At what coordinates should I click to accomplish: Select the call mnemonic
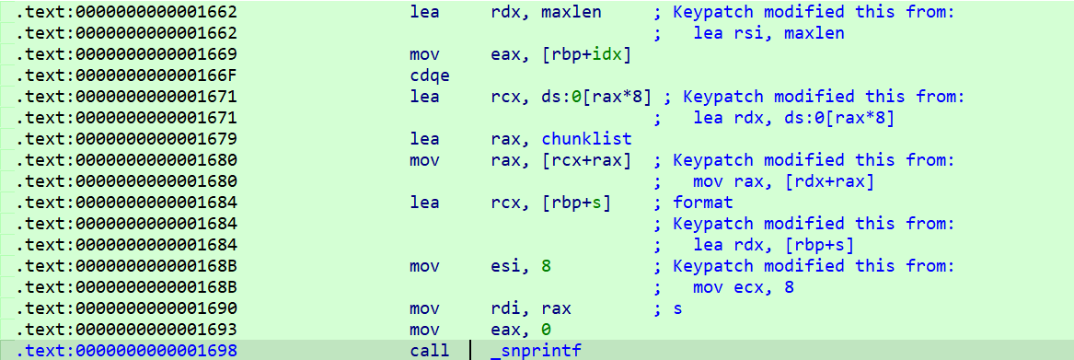(430, 351)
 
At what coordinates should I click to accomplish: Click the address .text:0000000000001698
(127, 351)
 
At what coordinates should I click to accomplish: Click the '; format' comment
(693, 203)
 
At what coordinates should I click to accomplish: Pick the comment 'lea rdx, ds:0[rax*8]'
(793, 118)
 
